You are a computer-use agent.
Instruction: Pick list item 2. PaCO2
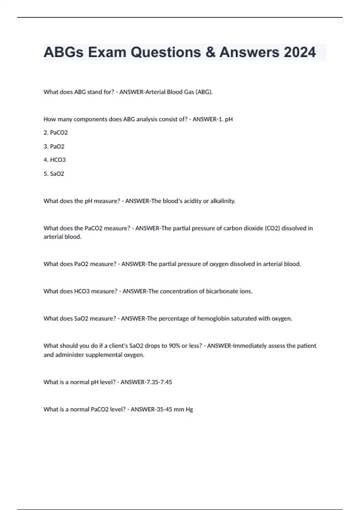56,133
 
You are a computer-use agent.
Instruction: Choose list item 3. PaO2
54,146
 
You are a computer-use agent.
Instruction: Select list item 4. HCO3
55,160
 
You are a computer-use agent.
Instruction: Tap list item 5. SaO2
54,174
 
